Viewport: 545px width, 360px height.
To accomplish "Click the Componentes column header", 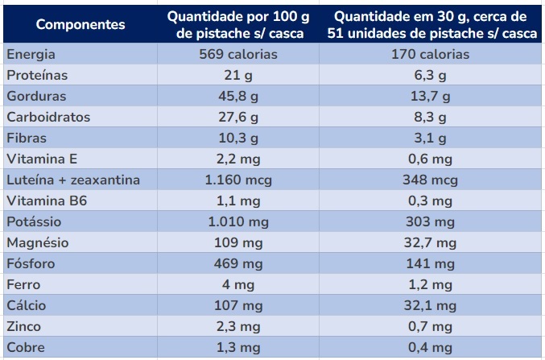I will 81,24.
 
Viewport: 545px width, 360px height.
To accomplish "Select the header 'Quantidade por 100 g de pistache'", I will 238,24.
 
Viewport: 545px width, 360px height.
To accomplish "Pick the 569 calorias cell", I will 238,55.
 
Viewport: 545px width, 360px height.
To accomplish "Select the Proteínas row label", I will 36,76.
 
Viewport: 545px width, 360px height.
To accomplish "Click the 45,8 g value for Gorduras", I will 238,97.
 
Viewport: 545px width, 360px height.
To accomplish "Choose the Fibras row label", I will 26,139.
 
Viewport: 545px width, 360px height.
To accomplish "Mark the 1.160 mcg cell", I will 238,180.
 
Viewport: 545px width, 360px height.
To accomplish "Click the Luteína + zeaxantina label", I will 72,180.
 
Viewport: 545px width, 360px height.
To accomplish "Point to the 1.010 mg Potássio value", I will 238,222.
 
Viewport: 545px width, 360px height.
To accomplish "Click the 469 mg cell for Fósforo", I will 238,264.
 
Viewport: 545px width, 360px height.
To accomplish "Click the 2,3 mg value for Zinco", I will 238,327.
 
